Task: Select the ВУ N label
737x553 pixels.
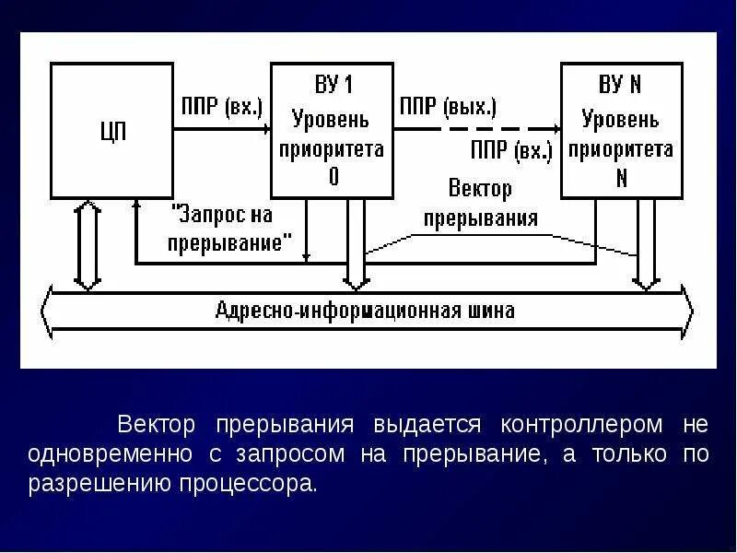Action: coord(620,86)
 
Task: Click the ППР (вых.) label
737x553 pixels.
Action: coord(448,106)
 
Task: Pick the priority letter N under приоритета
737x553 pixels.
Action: coord(621,178)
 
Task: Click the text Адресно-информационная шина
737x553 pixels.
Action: coord(366,310)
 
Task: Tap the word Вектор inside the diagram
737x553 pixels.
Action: coord(480,189)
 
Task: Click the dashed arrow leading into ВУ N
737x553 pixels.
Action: coord(507,129)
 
